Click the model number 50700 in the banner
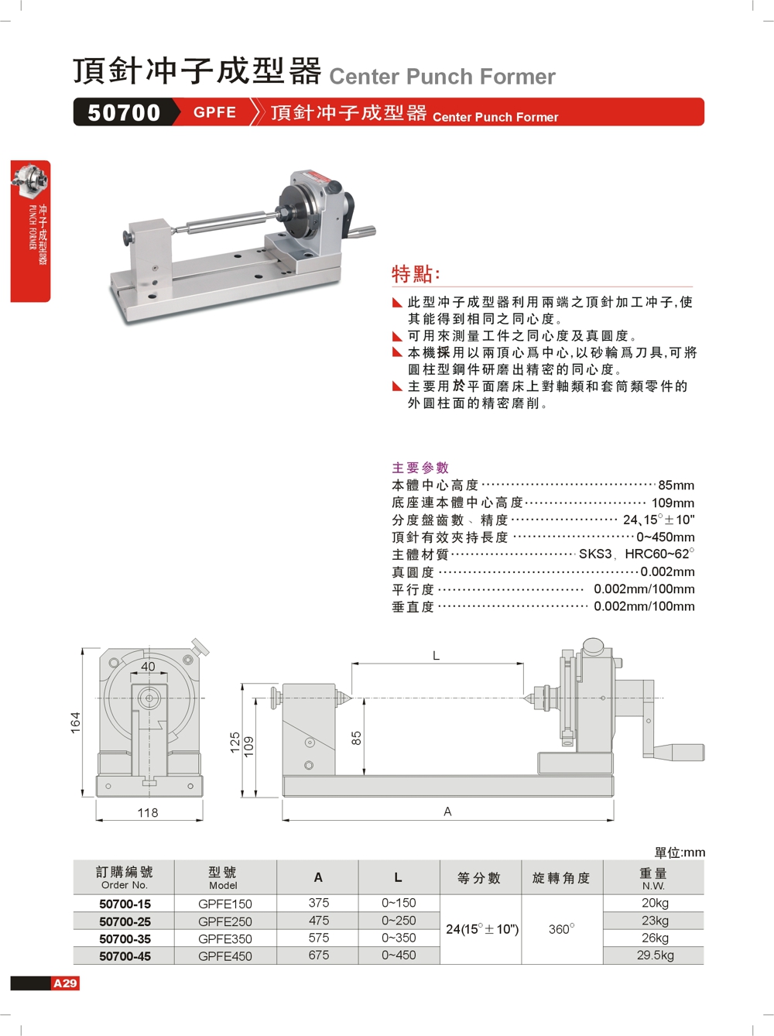[x=124, y=112]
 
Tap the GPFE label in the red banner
[x=214, y=112]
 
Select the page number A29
[x=65, y=983]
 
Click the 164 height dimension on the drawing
[x=75, y=722]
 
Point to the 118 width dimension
[x=147, y=813]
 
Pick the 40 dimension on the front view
[x=148, y=667]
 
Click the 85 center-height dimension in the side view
[x=356, y=738]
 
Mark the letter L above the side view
[x=436, y=656]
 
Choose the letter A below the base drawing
[x=447, y=811]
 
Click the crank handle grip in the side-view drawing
[x=680, y=752]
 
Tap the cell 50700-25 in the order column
[x=125, y=921]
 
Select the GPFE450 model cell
[x=224, y=956]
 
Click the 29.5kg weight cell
[x=655, y=955]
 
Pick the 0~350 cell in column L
[x=399, y=938]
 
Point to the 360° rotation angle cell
[x=561, y=929]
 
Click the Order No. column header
[x=124, y=878]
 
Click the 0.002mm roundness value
[x=667, y=572]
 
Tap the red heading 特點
[x=416, y=274]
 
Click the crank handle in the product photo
[x=360, y=232]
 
